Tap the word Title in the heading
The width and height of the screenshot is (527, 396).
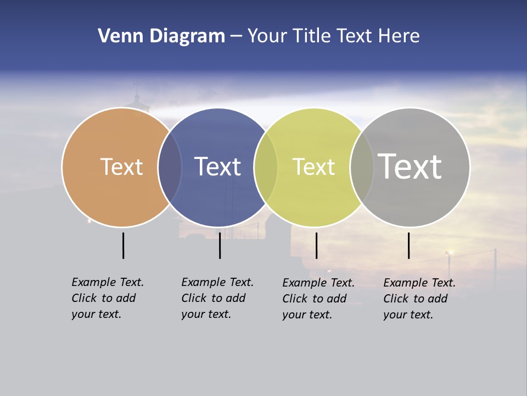click(x=312, y=36)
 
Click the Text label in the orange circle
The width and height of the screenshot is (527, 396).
click(x=121, y=167)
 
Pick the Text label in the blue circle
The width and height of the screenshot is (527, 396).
click(x=217, y=167)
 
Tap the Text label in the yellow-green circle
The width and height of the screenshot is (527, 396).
click(x=313, y=167)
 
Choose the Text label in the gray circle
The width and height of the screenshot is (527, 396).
click(x=410, y=167)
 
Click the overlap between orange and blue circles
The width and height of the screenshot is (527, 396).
click(x=170, y=167)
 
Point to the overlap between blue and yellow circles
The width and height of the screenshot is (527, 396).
click(x=266, y=167)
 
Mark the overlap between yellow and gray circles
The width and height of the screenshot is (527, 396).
click(x=362, y=167)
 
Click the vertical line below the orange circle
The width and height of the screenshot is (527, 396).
click(x=123, y=245)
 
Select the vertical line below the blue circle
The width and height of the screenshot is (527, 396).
click(x=220, y=245)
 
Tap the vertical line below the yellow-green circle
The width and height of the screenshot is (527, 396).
click(x=316, y=245)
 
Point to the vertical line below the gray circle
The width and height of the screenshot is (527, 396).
click(x=408, y=245)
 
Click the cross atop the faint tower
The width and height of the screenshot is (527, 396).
click(x=137, y=85)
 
